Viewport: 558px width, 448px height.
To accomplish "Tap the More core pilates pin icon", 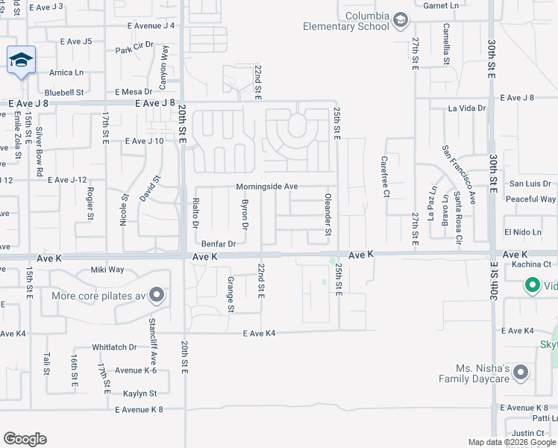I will [156, 296].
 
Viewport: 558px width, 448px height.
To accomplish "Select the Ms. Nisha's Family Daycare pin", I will [521, 372].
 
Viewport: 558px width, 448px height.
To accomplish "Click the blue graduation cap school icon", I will [21, 60].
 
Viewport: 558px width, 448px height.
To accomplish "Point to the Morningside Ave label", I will [267, 187].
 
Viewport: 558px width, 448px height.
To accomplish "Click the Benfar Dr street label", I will [219, 243].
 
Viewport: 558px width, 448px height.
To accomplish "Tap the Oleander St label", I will [327, 216].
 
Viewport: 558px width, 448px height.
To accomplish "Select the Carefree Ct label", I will [386, 177].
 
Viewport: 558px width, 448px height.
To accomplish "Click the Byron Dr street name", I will [244, 214].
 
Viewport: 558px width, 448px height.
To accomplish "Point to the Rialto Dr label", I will [196, 214].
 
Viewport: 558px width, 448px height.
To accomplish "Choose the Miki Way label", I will [107, 270].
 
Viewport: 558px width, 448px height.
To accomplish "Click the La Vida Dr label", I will [466, 108].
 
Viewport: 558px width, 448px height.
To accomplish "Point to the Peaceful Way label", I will [530, 199].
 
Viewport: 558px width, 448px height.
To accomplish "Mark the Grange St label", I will [231, 295].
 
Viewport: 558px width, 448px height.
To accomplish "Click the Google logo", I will [25, 439].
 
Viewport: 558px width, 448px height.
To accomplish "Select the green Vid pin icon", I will [533, 285].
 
